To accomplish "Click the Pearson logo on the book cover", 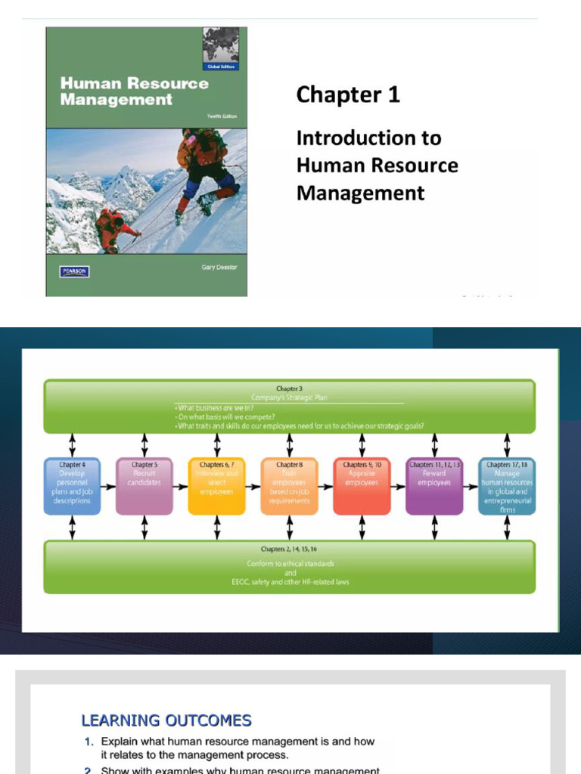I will (x=74, y=271).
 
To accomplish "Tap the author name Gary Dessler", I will (x=219, y=267).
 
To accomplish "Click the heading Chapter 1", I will (x=348, y=94).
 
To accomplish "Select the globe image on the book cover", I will (x=221, y=45).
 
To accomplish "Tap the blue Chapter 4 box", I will (x=72, y=486).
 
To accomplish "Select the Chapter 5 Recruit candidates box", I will (x=144, y=486).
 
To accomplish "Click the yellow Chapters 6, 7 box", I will (x=216, y=486).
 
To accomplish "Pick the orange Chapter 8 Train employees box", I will (x=289, y=486).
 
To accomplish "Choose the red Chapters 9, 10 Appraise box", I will (x=362, y=486).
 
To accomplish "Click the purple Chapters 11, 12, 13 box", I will (x=434, y=486).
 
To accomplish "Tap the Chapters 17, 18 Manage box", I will (x=507, y=486).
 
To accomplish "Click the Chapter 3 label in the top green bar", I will (x=289, y=389).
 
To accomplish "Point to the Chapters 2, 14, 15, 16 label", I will (x=289, y=549).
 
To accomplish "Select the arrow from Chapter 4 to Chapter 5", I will (x=108, y=487).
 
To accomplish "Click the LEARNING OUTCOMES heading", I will (x=166, y=720).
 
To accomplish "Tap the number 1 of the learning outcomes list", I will (x=89, y=741).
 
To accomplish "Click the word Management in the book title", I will (x=116, y=100).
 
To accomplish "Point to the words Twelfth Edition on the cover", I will (x=222, y=116).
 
